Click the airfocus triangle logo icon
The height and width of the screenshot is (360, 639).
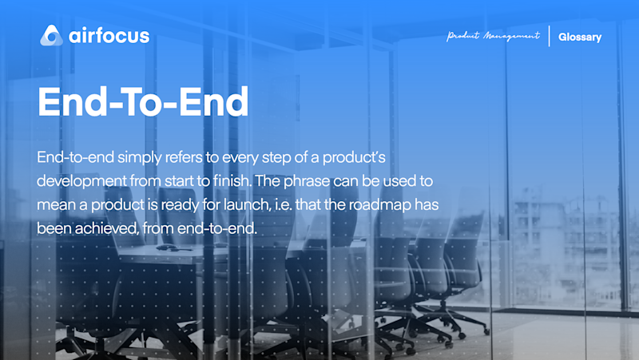(51, 35)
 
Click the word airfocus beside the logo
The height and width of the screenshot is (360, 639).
(109, 36)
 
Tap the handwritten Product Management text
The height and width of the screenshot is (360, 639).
(493, 36)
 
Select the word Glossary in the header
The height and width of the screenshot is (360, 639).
(580, 37)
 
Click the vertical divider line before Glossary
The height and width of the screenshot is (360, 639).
(550, 36)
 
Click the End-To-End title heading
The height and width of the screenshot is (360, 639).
(143, 101)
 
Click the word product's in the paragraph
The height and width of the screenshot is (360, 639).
(354, 157)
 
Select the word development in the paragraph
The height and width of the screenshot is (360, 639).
(81, 181)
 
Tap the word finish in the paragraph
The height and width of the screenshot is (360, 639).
(232, 181)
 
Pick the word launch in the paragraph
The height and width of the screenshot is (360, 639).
(248, 204)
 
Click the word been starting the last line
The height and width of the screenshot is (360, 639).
(54, 228)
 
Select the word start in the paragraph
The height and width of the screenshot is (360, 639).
(179, 181)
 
